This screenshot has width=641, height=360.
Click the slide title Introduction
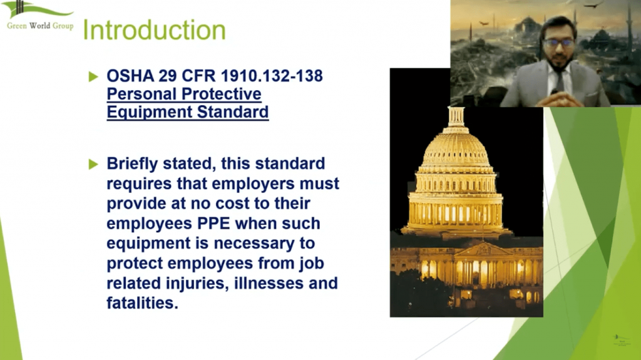coord(154,30)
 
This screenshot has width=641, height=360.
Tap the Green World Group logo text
coord(40,26)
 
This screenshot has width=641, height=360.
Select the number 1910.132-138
coord(272,76)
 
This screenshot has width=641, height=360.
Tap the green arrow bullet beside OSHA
coord(94,76)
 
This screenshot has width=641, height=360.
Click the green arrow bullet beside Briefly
coord(94,164)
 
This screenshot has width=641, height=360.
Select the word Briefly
coord(133,163)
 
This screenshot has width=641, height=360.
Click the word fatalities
coord(142,303)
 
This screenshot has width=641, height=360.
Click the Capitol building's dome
coord(456,147)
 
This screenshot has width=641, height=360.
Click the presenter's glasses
coord(559,43)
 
